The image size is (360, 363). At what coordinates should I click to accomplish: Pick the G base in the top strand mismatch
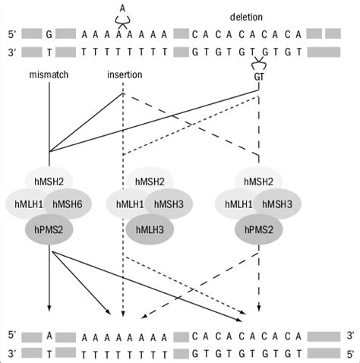[x=49, y=34]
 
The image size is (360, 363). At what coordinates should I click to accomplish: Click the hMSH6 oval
[x=71, y=203]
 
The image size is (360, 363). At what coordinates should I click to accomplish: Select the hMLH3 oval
[x=147, y=229]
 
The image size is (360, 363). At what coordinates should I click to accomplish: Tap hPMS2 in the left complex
[x=48, y=229]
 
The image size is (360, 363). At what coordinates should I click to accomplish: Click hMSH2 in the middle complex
[x=147, y=180]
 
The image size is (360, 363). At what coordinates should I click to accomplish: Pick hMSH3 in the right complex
[x=281, y=203]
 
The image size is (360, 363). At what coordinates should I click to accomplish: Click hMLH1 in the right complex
[x=241, y=203]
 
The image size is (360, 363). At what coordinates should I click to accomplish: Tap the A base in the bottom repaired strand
[x=49, y=335]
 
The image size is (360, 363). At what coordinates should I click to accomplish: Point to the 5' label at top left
[x=9, y=34]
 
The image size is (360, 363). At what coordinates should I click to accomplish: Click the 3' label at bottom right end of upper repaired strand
[x=350, y=335]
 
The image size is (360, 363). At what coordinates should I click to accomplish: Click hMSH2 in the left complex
[x=49, y=180]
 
